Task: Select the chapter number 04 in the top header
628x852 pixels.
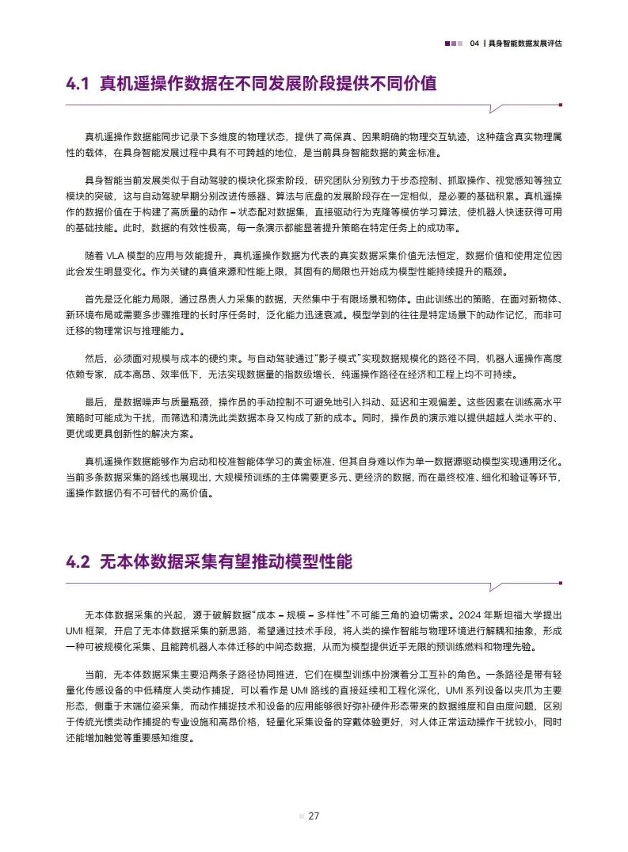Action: [475, 44]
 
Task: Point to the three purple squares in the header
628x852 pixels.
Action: [454, 44]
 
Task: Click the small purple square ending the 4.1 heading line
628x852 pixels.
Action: [561, 104]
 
